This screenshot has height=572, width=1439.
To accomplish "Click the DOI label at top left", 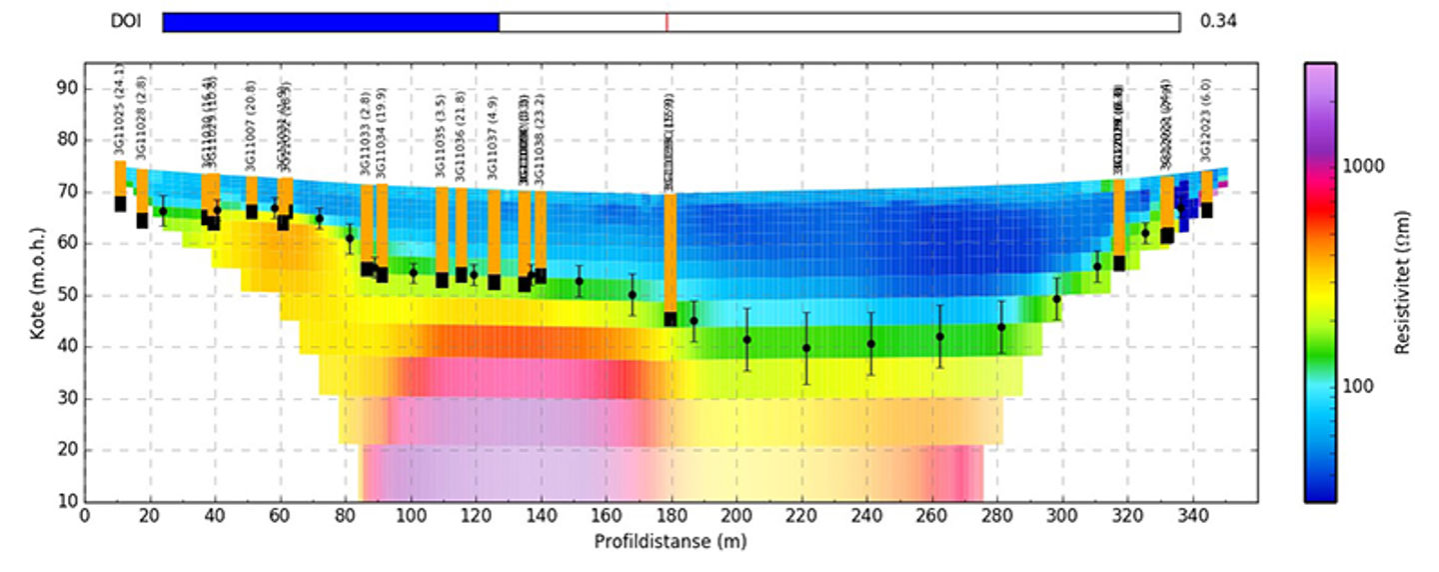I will click(126, 22).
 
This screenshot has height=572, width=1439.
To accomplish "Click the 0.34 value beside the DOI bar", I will click(1218, 22).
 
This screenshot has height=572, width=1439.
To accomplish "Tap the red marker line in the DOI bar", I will click(667, 22).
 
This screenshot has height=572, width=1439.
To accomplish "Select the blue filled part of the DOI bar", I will click(330, 22).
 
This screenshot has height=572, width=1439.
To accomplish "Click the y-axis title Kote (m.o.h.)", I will click(37, 282).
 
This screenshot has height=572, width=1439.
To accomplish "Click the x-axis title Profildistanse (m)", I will click(670, 542).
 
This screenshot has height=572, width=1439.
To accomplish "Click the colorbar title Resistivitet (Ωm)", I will click(1403, 282).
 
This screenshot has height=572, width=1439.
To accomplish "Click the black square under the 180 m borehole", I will click(670, 319).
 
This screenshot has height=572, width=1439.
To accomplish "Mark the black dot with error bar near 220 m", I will click(806, 348).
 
